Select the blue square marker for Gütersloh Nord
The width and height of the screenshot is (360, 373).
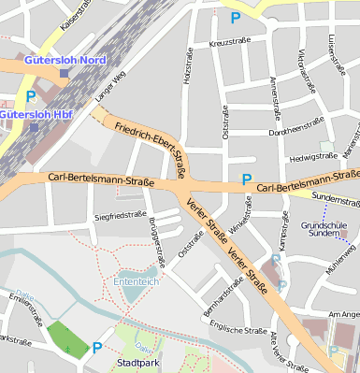click(64, 73)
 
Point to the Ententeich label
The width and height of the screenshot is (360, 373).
click(135, 280)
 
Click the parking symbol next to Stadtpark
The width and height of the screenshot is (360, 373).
click(97, 349)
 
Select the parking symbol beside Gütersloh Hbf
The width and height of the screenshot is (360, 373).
click(31, 96)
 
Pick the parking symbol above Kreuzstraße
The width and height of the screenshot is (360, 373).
click(235, 17)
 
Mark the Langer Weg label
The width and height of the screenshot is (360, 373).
click(108, 87)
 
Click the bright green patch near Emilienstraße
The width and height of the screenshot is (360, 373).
click(65, 337)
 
